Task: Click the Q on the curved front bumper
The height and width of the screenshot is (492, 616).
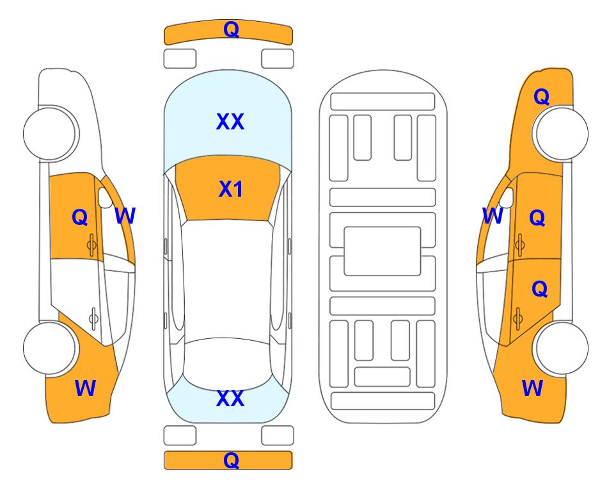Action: [x=231, y=29]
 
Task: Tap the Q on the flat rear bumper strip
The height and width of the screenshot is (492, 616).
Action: [x=231, y=460]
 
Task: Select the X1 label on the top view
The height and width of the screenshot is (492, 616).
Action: [x=231, y=189]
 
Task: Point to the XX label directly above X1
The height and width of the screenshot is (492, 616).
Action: [x=230, y=122]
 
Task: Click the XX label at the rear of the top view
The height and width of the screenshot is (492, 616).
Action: [x=230, y=398]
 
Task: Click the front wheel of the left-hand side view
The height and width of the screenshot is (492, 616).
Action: [x=50, y=133]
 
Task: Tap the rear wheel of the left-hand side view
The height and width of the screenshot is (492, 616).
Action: [x=50, y=348]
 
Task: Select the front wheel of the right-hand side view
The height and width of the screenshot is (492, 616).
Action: [x=562, y=133]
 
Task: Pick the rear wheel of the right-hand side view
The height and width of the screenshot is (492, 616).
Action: [x=562, y=348]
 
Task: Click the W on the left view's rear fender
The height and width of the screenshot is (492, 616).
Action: [x=85, y=388]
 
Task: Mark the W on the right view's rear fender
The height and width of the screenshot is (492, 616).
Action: [x=532, y=388]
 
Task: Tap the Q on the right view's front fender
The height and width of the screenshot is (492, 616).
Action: [x=541, y=97]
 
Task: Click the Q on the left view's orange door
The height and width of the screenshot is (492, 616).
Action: [x=80, y=217]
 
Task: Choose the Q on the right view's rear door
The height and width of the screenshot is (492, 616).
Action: [x=540, y=290]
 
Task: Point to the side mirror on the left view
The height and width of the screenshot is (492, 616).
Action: [x=105, y=197]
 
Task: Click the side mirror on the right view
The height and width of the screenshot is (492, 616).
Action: [x=507, y=197]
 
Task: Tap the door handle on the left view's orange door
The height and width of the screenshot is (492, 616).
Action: [x=92, y=245]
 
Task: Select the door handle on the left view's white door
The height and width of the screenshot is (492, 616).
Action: [x=93, y=318]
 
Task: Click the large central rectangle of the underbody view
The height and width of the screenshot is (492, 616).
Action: [x=383, y=251]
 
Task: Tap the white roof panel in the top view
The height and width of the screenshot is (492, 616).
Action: [x=228, y=279]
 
